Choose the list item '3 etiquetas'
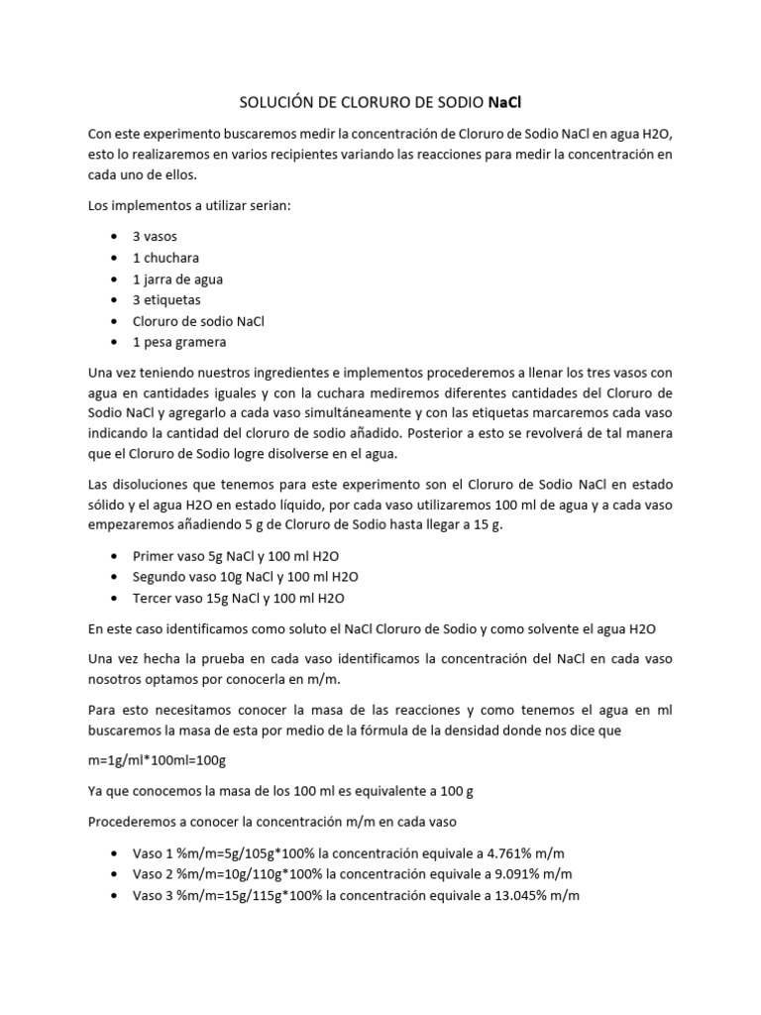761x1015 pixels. [166, 300]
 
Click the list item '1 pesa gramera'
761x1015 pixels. [179, 343]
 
